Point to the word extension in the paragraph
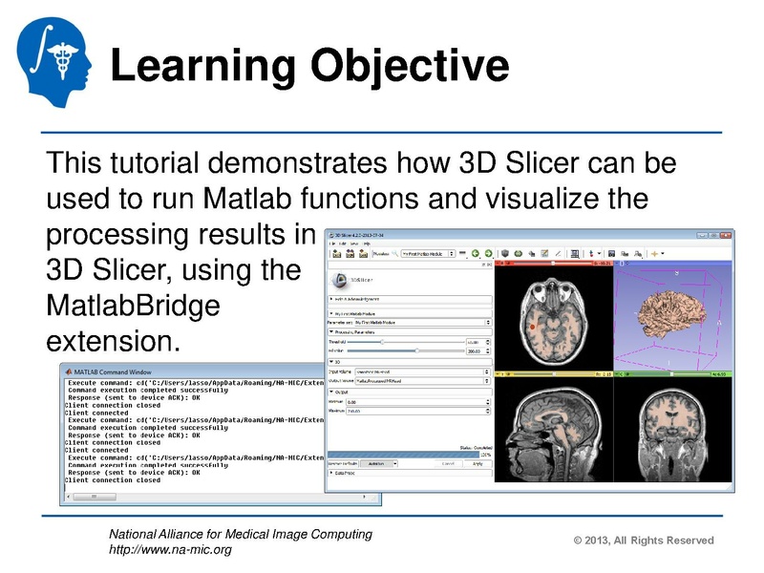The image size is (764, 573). (x=112, y=340)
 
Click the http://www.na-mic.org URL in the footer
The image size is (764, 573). (x=170, y=549)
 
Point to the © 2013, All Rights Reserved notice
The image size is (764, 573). (x=643, y=541)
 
